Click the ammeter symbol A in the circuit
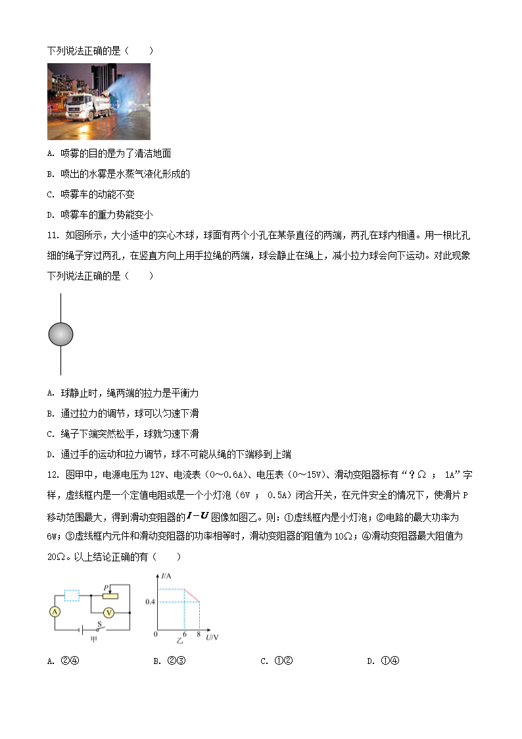click(x=55, y=611)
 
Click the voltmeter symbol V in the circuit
click(x=110, y=612)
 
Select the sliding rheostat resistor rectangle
click(x=109, y=596)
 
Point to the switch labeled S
click(x=100, y=626)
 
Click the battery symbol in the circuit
click(x=80, y=630)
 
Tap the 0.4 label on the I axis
click(x=150, y=602)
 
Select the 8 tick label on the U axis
click(x=199, y=634)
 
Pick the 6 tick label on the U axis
click(x=184, y=634)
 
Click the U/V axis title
click(x=212, y=637)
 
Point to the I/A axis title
click(x=165, y=576)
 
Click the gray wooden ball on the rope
click(x=60, y=334)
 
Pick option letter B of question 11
click(x=51, y=413)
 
